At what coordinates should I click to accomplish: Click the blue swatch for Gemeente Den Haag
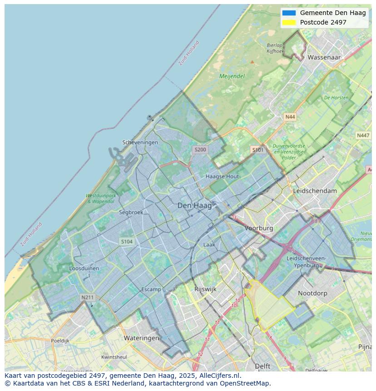tap(289, 13)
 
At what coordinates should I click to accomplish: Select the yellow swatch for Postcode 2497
tap(289, 22)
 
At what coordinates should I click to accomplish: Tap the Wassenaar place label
tap(324, 58)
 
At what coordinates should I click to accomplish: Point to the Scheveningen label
tap(140, 142)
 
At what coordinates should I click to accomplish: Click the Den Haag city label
tap(194, 206)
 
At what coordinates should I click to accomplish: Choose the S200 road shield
tap(200, 149)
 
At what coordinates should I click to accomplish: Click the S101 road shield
tap(257, 149)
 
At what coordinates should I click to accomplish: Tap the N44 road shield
tap(290, 117)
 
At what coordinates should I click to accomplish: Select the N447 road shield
tap(363, 135)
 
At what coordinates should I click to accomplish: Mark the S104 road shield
tap(127, 242)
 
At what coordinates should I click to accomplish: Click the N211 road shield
tap(87, 297)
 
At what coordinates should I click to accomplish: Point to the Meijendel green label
tap(232, 76)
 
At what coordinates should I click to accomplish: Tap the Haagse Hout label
tap(222, 176)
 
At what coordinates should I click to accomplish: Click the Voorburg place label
tap(259, 228)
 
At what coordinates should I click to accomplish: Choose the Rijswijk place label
tap(205, 289)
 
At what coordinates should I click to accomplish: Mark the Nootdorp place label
tap(312, 293)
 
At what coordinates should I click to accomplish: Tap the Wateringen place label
tap(141, 338)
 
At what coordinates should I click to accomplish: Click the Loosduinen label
tap(84, 268)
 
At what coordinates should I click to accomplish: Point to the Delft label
tap(262, 366)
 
